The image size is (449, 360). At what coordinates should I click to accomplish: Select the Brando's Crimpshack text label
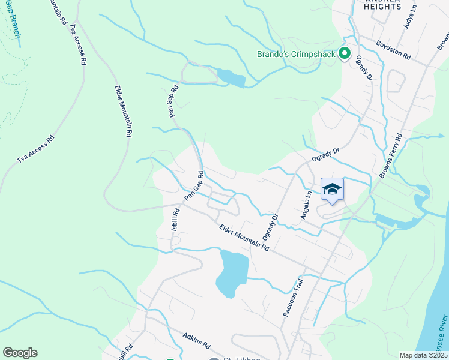(x=296, y=55)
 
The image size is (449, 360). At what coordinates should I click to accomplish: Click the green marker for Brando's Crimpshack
(x=345, y=55)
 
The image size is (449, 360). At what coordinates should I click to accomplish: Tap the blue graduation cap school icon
(x=332, y=190)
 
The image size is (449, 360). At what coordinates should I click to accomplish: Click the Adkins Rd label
(x=196, y=341)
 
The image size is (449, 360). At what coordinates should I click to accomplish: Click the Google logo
(x=20, y=353)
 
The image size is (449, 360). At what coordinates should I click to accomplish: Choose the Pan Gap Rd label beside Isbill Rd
(x=194, y=186)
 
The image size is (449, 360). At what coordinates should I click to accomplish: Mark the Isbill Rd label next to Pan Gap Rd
(x=176, y=220)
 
